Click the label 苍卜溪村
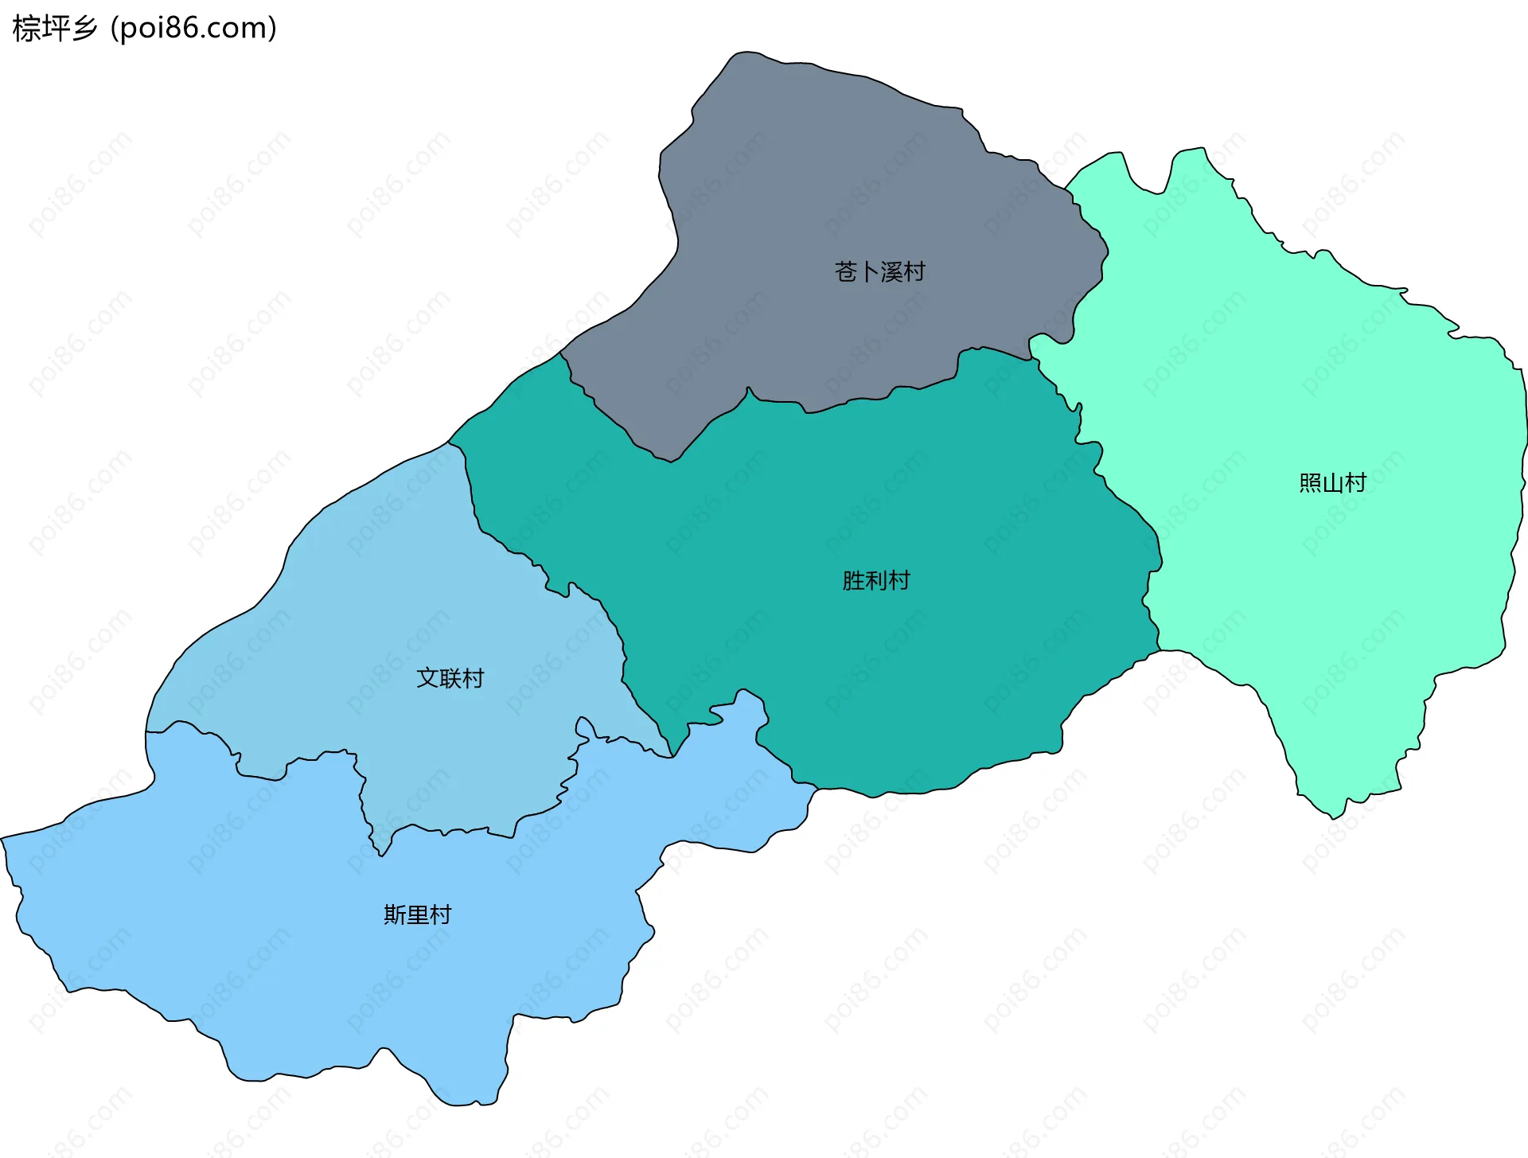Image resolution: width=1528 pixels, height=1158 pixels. tap(879, 272)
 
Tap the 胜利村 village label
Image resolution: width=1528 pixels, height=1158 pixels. tap(875, 580)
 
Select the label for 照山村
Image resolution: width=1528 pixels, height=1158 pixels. tap(1332, 483)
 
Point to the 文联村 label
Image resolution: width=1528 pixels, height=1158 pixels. tap(450, 678)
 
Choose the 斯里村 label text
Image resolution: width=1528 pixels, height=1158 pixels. tap(417, 914)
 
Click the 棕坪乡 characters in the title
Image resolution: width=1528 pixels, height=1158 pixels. tap(55, 29)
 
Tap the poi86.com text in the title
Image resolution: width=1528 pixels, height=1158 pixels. tap(193, 29)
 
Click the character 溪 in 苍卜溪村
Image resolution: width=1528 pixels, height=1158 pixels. tap(891, 272)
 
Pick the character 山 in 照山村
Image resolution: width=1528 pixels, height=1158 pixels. tap(1333, 483)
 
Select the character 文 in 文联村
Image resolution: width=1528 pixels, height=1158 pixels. tap(427, 678)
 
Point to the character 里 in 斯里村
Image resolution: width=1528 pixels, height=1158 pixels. tap(418, 914)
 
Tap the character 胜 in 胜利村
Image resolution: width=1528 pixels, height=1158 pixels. tap(853, 580)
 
